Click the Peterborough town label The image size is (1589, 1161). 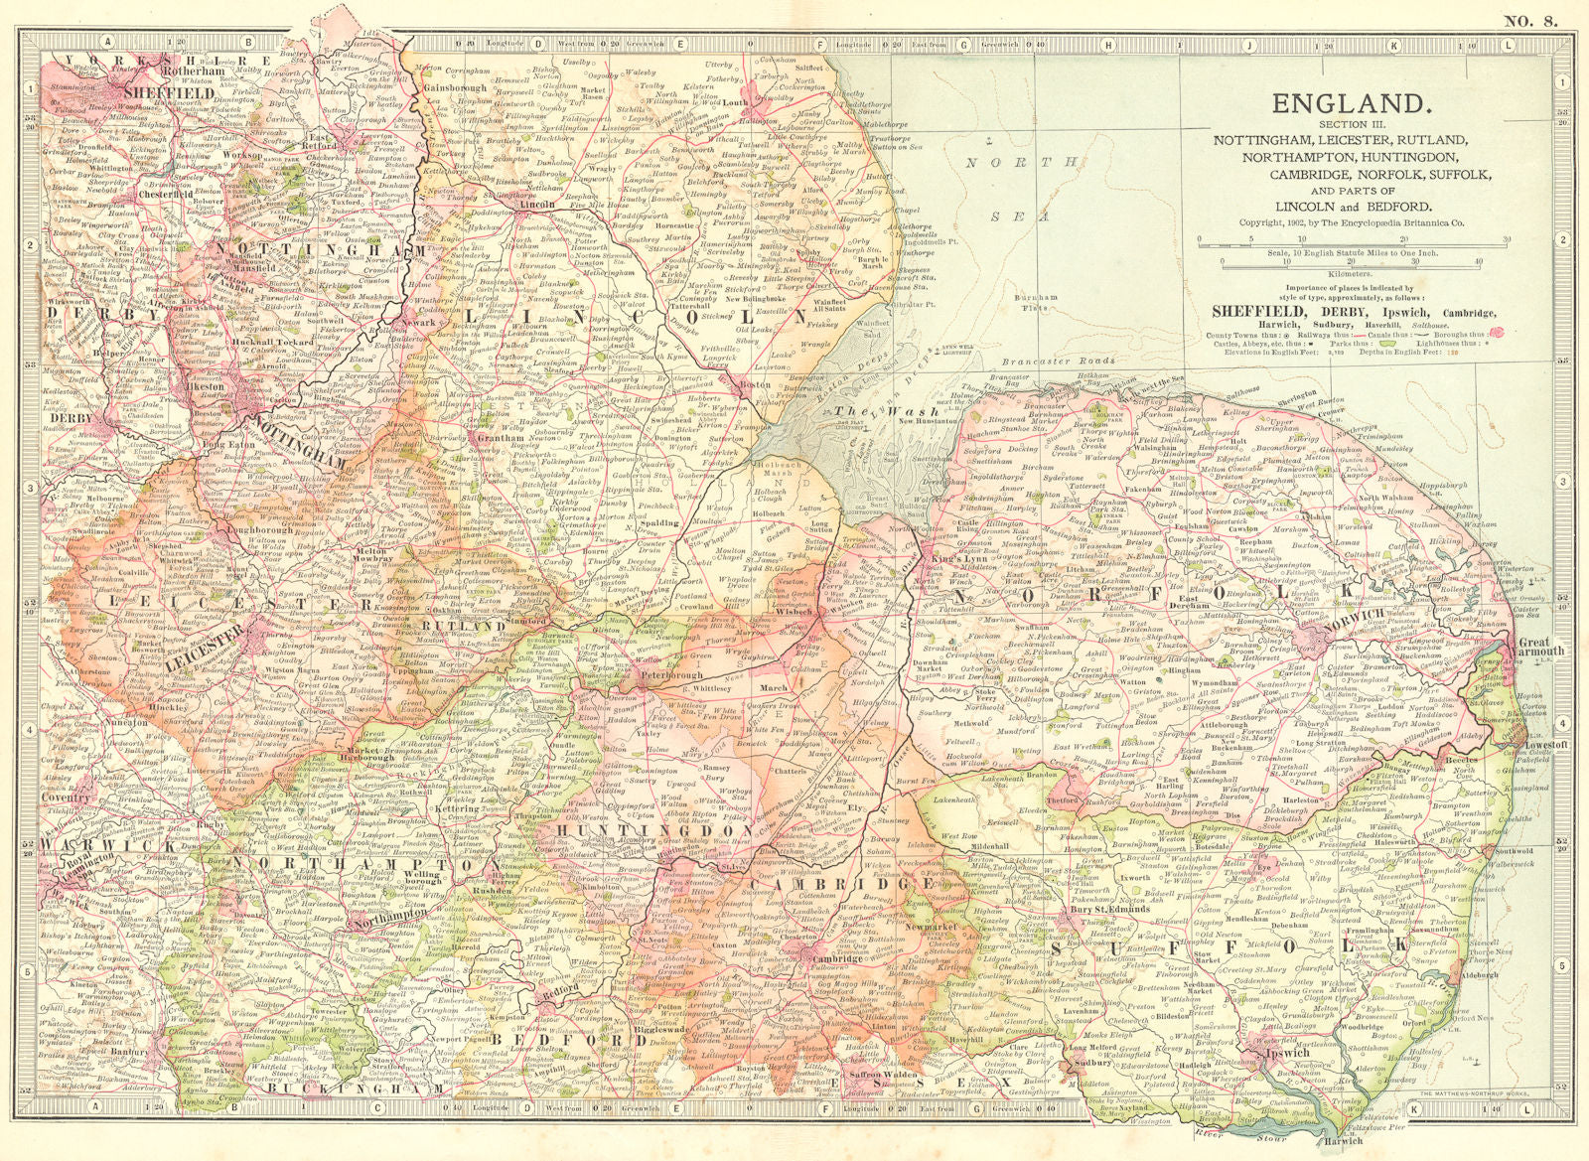[641, 674]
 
